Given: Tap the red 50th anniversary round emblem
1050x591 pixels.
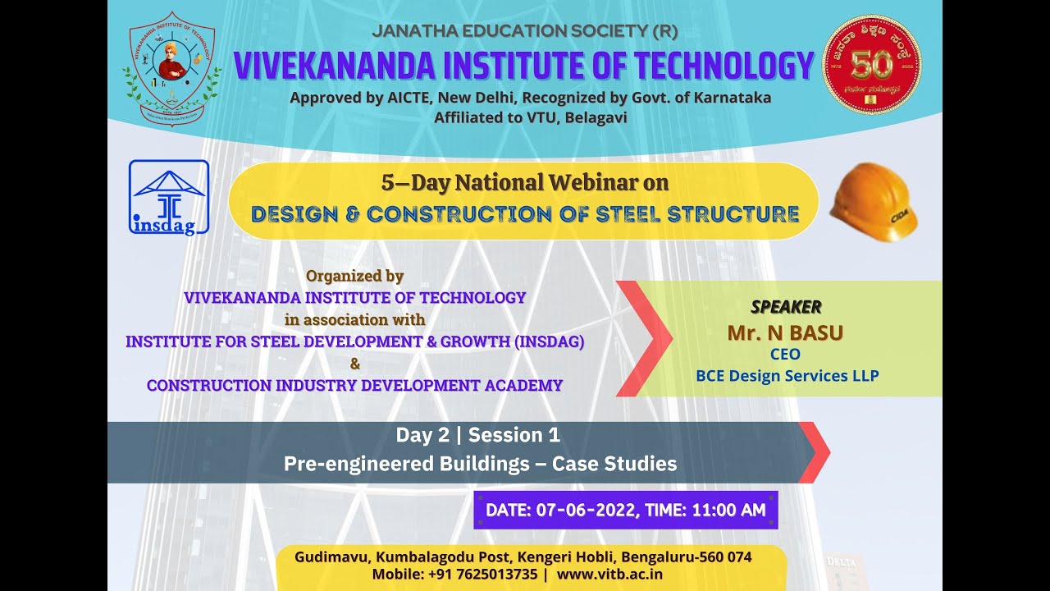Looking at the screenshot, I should tap(871, 64).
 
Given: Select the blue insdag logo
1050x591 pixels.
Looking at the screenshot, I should tap(169, 197).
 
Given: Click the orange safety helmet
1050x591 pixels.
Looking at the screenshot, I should tap(874, 202).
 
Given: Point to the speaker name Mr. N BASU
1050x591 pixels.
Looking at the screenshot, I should tap(785, 332).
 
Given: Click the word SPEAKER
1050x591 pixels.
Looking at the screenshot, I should tap(786, 307).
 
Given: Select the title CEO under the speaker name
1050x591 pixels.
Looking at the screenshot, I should tap(784, 355).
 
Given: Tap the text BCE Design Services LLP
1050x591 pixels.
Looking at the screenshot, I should tap(787, 376).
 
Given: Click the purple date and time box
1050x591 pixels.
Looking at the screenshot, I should tap(625, 510).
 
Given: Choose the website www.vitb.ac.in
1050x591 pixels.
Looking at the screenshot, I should tap(609, 574).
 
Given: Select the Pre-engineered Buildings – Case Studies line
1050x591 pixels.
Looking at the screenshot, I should tap(480, 464).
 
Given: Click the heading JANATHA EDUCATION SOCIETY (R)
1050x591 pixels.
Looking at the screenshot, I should tap(524, 32).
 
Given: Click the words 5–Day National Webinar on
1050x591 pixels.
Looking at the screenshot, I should tap(524, 183).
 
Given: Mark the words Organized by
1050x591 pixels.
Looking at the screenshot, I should tap(354, 276).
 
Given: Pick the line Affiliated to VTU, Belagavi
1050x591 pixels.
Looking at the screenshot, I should tap(530, 117).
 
